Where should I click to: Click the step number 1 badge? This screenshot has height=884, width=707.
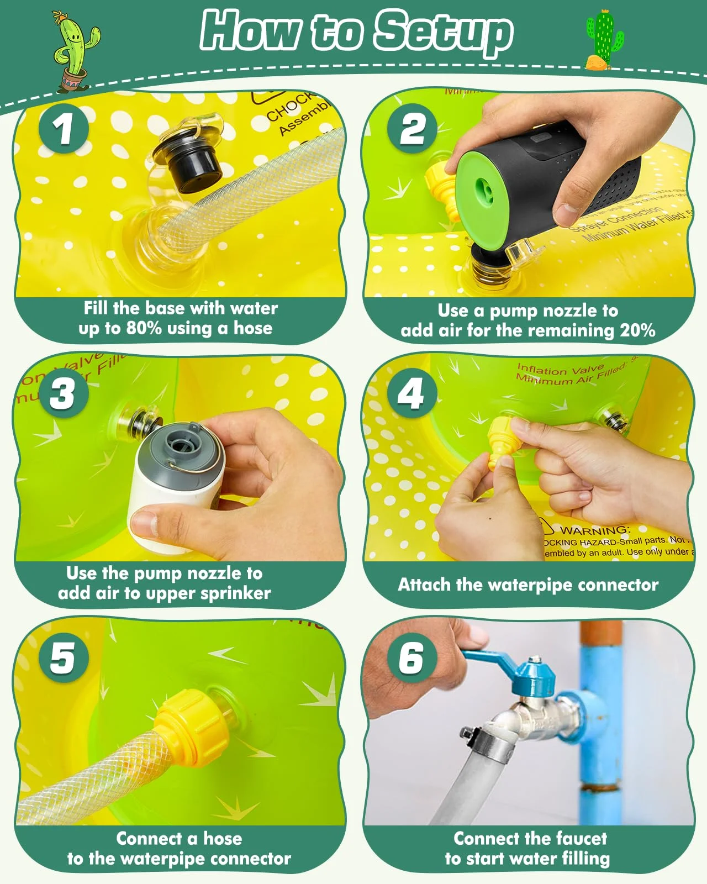coord(64,130)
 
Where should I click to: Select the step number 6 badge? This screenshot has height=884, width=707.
coord(411,657)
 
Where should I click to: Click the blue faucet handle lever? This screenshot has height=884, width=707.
coord(489,659)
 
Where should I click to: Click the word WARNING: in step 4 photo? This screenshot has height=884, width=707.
coord(594,530)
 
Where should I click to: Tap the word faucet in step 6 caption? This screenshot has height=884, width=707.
coord(573,838)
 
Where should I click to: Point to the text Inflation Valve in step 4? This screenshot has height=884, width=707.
coord(560,369)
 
